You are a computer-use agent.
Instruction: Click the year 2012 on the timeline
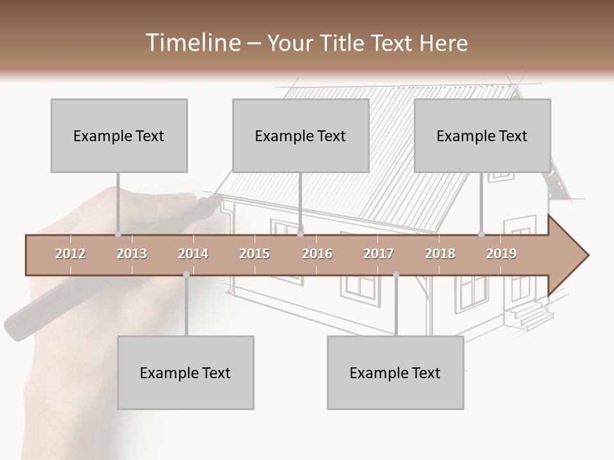pyautogui.click(x=70, y=254)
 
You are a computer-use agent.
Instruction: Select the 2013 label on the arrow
pyautogui.click(x=132, y=254)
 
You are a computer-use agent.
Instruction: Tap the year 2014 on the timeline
pyautogui.click(x=193, y=254)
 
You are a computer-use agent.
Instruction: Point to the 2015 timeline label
pyautogui.click(x=255, y=254)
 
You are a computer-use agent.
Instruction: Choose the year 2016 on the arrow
pyautogui.click(x=317, y=254)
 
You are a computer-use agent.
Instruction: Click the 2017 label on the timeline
pyautogui.click(x=379, y=254)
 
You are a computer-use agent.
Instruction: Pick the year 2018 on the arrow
pyautogui.click(x=440, y=254)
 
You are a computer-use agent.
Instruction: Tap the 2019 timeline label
pyautogui.click(x=501, y=254)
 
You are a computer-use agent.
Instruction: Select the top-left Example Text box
pyautogui.click(x=119, y=135)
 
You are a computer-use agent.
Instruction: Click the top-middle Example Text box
pyautogui.click(x=301, y=135)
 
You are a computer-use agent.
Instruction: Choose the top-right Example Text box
pyautogui.click(x=482, y=135)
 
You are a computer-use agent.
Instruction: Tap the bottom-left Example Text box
pyautogui.click(x=185, y=372)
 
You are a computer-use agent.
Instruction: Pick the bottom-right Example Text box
pyautogui.click(x=395, y=372)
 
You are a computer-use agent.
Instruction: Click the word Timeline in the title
pyautogui.click(x=192, y=43)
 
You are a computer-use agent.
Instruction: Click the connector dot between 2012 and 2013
pyautogui.click(x=118, y=234)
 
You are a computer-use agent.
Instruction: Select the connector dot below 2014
pyautogui.click(x=186, y=275)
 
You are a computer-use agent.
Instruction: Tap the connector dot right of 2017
pyautogui.click(x=396, y=275)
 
